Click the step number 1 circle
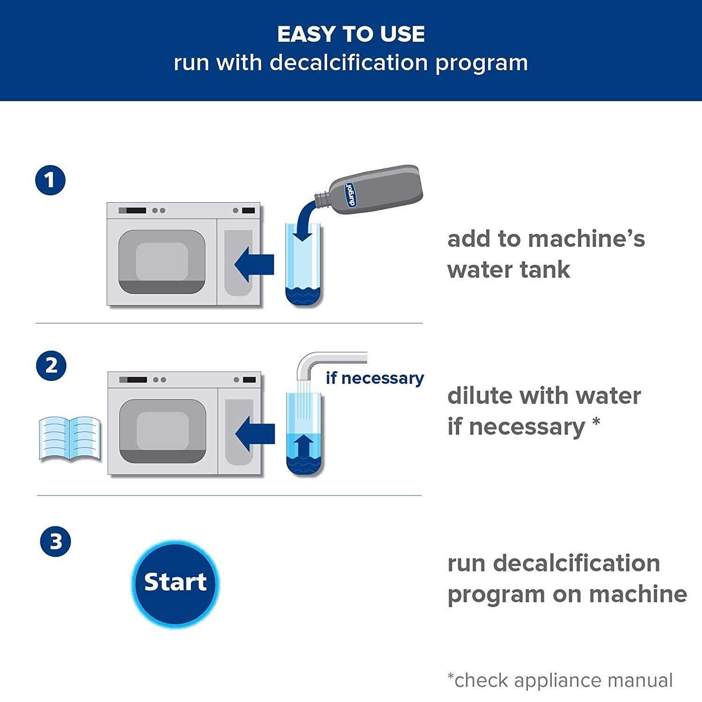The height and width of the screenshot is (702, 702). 51,180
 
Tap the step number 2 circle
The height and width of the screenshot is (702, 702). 51,366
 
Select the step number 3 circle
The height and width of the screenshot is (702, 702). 56,541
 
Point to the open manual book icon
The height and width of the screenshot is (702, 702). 70,439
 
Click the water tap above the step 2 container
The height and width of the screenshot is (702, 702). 328,363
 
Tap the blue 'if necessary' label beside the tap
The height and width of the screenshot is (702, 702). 374,378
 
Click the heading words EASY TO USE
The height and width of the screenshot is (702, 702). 351,34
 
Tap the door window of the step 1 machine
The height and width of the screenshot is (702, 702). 162,261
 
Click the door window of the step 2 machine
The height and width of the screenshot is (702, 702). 163,431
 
